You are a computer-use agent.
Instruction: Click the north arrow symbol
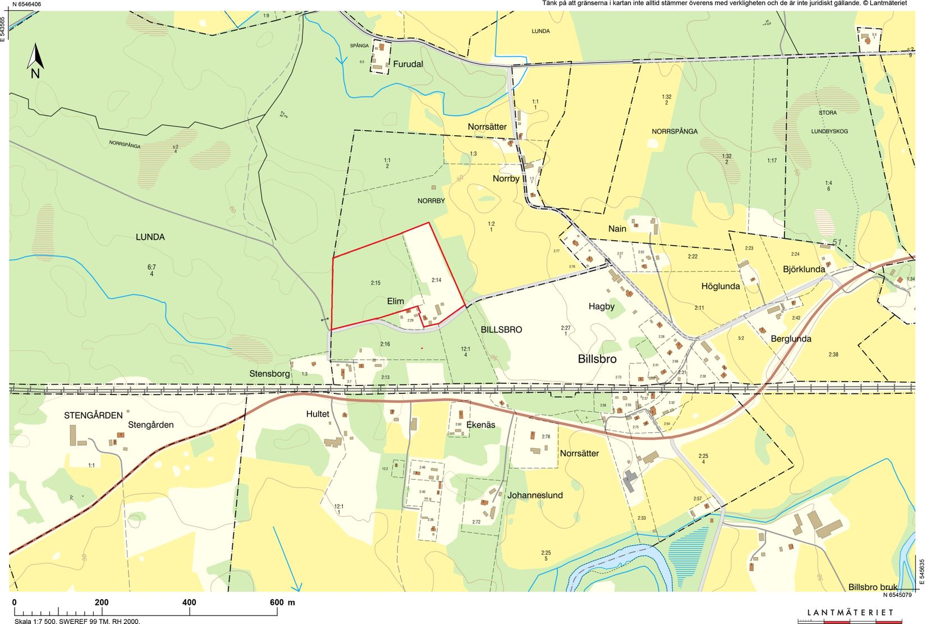[35, 61]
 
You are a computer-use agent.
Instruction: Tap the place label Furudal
[408, 64]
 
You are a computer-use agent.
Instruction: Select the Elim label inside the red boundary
[396, 301]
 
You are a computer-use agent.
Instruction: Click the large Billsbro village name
[597, 359]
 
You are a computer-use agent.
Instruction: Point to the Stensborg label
[270, 373]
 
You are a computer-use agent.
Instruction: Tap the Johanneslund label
[535, 495]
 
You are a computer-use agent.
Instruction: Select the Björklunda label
[804, 269]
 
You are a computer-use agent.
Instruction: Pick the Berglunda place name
[791, 339]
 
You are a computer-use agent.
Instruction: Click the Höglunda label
[721, 286]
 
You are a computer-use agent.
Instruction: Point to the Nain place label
[617, 229]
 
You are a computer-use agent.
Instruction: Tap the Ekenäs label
[481, 425]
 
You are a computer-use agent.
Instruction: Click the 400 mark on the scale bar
[190, 603]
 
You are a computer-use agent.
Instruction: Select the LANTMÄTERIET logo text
[850, 612]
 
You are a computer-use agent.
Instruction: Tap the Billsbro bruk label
[873, 588]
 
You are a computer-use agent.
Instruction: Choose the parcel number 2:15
[375, 283]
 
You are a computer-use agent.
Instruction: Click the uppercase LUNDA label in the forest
[150, 237]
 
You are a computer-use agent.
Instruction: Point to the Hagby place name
[602, 306]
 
